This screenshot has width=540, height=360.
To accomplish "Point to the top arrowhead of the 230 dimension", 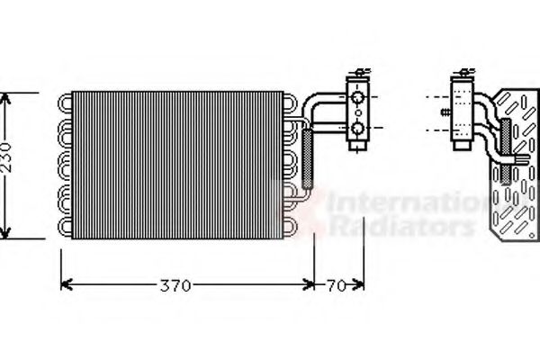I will pos(9,97).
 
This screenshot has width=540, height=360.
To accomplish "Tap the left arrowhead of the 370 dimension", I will pos(65,286).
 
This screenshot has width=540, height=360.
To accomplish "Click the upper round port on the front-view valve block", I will pos(359,97).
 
